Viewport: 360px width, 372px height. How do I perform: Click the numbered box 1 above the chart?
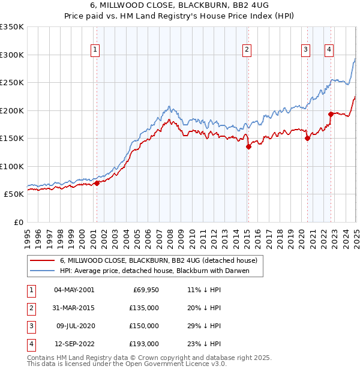point(95,50)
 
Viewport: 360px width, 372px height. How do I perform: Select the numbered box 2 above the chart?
point(247,50)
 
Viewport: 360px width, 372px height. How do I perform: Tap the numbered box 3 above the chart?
point(305,50)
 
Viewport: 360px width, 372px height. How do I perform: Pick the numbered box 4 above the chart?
point(329,50)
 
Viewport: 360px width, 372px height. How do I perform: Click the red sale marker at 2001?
point(97,183)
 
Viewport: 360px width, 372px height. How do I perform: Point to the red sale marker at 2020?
point(307,138)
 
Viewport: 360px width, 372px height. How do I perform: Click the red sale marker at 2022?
point(331,114)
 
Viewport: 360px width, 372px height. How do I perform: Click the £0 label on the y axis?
point(19,222)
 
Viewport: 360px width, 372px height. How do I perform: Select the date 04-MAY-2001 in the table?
point(74,290)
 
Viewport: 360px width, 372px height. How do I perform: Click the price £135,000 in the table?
point(144,308)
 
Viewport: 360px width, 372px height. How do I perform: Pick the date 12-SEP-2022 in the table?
point(74,344)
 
